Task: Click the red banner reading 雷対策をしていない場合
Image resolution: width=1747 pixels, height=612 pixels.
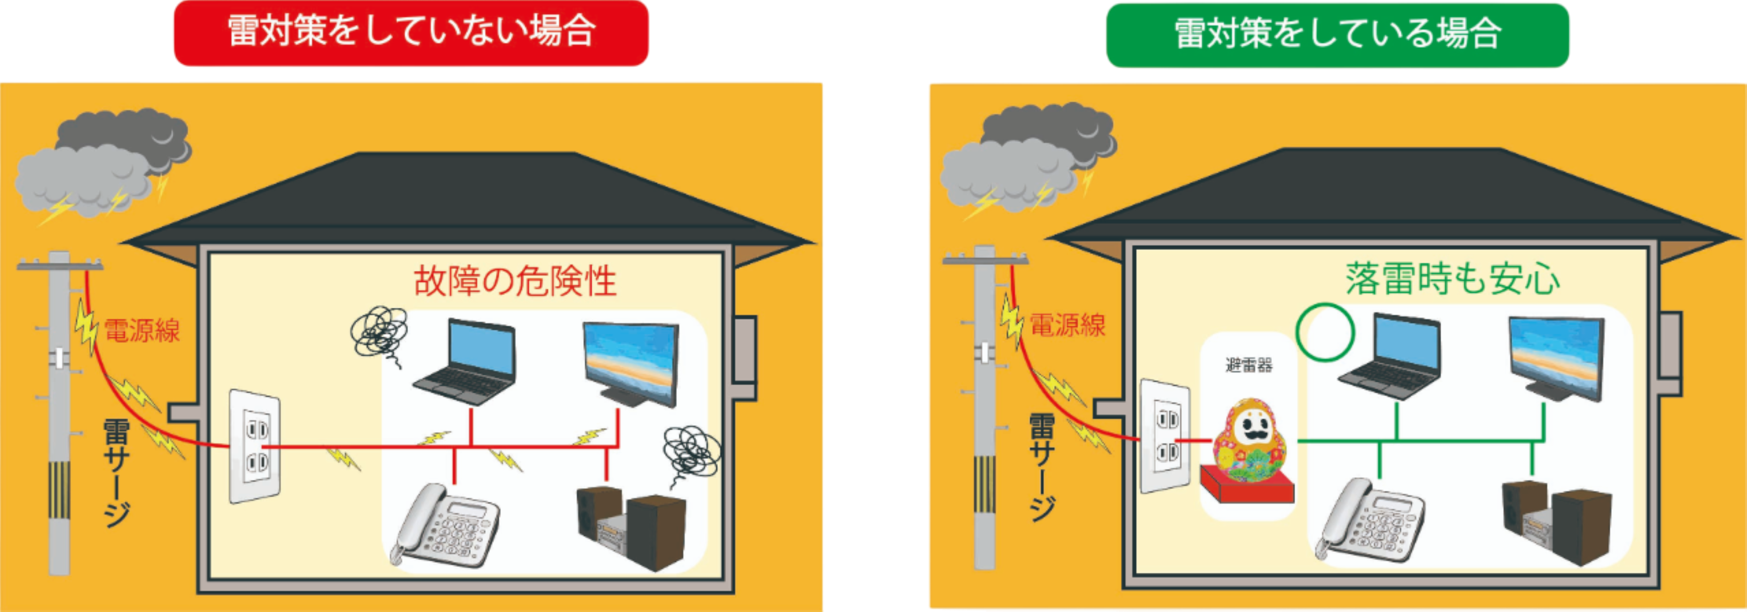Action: pos(411,33)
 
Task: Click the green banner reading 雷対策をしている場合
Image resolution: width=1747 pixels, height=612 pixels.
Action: pos(1337,34)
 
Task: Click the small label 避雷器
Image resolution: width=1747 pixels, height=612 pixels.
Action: pos(1249,365)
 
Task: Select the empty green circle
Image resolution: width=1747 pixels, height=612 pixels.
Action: pos(1325,333)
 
